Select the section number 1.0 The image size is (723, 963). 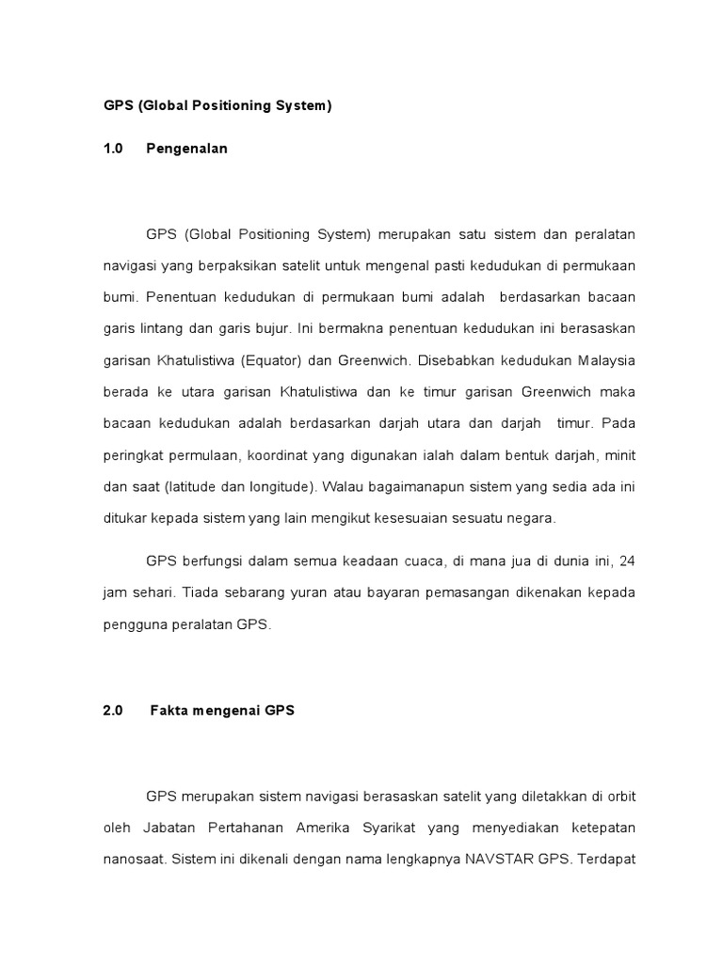pyautogui.click(x=113, y=149)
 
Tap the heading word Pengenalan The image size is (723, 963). pyautogui.click(x=186, y=149)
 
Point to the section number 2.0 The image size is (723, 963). pyautogui.click(x=113, y=711)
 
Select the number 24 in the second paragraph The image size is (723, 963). pyautogui.click(x=628, y=561)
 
